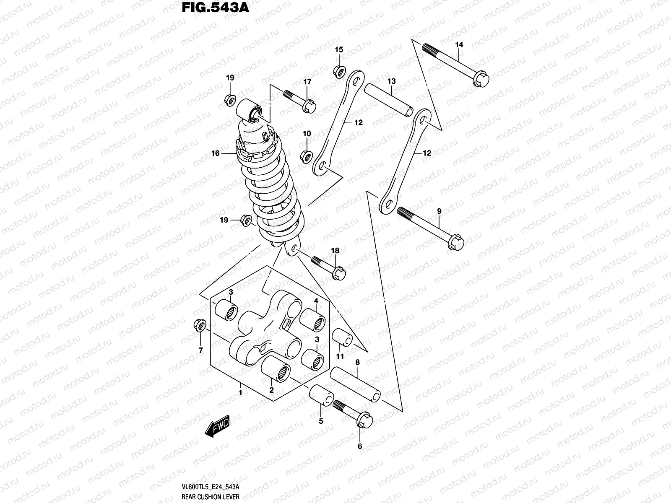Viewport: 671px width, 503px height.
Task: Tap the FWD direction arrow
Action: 217,429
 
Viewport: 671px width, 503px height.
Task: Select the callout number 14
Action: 458,44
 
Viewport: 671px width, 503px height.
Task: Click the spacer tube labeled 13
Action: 388,101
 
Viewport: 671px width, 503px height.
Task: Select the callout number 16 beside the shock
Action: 215,154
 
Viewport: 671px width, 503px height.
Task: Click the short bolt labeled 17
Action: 300,101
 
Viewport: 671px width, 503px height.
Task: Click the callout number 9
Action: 439,212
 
